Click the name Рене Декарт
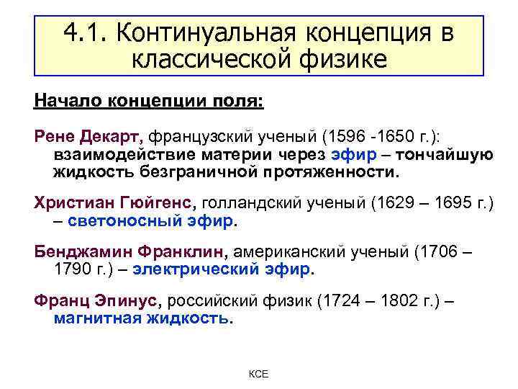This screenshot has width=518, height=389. pyautogui.click(x=90, y=135)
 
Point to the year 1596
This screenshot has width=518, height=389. pyautogui.click(x=345, y=135)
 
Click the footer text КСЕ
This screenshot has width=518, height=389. pyautogui.click(x=258, y=375)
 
